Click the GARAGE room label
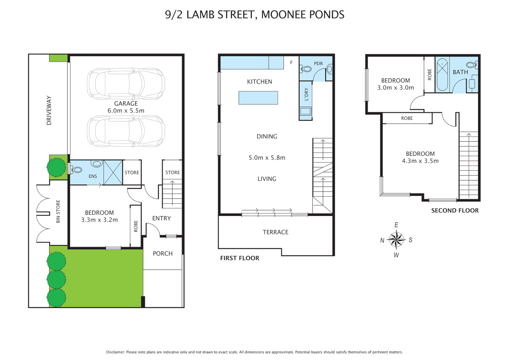pyautogui.click(x=126, y=104)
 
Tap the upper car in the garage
pyautogui.click(x=126, y=83)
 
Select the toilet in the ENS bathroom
pyautogui.click(x=76, y=170)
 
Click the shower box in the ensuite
pyautogui.click(x=113, y=172)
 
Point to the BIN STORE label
pyautogui.click(x=58, y=211)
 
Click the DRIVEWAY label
pyautogui.click(x=49, y=110)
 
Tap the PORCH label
pyautogui.click(x=163, y=254)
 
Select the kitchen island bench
pyautogui.click(x=258, y=98)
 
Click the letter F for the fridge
pyautogui.click(x=291, y=63)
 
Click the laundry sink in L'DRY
pyautogui.click(x=305, y=111)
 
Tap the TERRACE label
pyautogui.click(x=275, y=232)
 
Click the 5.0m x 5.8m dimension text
pyautogui.click(x=267, y=158)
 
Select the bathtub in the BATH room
pyautogui.click(x=442, y=75)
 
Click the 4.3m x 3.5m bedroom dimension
pyautogui.click(x=420, y=161)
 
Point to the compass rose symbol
pyautogui.click(x=396, y=240)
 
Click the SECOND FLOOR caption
pyautogui.click(x=455, y=211)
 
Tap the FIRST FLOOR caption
pyautogui.click(x=240, y=258)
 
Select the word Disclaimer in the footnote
pyautogui.click(x=115, y=352)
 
